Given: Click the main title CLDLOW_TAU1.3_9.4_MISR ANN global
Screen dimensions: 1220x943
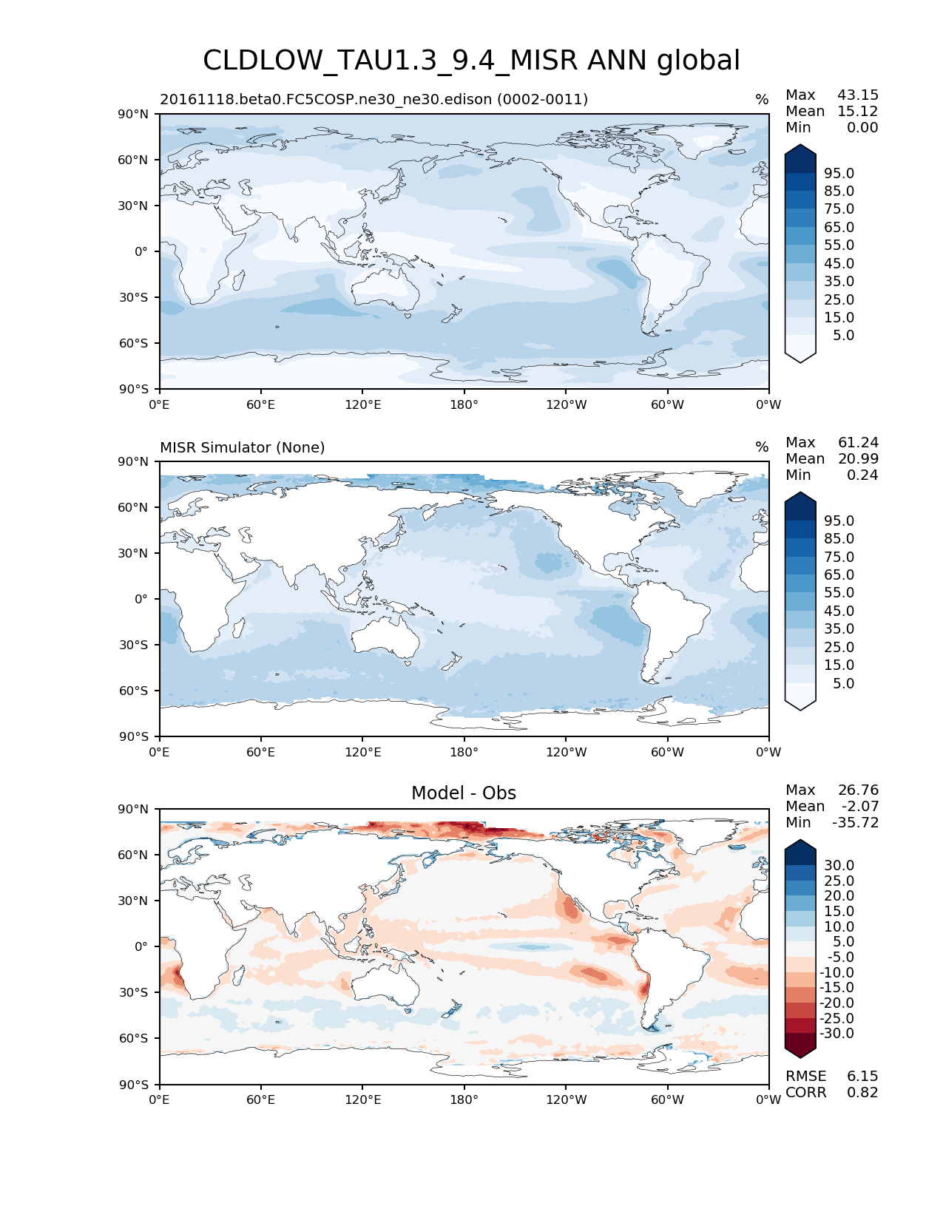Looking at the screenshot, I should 471,61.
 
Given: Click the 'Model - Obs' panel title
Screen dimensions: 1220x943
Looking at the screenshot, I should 464,793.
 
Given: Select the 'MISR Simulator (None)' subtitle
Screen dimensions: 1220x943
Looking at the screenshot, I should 243,447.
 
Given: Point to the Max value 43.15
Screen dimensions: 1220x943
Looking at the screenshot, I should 858,95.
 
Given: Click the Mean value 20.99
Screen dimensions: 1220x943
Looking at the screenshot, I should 858,458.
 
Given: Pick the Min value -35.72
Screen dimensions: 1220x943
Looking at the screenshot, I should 856,822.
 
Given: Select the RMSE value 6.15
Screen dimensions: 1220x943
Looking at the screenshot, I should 862,1076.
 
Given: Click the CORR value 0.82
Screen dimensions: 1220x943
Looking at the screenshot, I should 862,1092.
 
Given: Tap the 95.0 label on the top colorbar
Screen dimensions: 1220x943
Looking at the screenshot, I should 839,173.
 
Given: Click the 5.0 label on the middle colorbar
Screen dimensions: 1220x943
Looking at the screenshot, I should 843,683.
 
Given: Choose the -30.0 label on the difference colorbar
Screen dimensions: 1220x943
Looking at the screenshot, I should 837,1033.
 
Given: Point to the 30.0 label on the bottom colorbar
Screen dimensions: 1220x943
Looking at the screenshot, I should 839,865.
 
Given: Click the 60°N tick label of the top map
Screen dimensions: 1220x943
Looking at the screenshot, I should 133,160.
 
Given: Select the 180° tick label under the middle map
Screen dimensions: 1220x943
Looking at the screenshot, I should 464,752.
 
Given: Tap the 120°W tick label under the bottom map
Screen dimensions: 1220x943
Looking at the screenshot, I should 566,1099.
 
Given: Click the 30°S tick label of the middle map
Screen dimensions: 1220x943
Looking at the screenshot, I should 134,645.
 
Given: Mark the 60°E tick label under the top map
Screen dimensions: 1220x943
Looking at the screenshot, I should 261,404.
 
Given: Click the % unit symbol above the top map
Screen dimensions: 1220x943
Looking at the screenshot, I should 762,100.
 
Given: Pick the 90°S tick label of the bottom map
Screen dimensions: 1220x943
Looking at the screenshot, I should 134,1085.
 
